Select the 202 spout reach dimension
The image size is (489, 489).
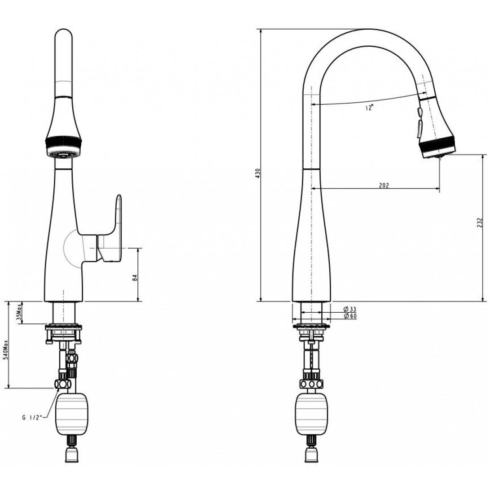pyautogui.click(x=384, y=185)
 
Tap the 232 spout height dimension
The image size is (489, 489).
pyautogui.click(x=480, y=223)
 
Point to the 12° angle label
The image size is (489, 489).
pyautogui.click(x=369, y=108)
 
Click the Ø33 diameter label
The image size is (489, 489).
pyautogui.click(x=349, y=310)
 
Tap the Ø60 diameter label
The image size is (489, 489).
pyautogui.click(x=349, y=316)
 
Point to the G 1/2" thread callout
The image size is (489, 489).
pyautogui.click(x=32, y=417)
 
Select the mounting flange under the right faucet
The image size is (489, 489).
pyautogui.click(x=311, y=326)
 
